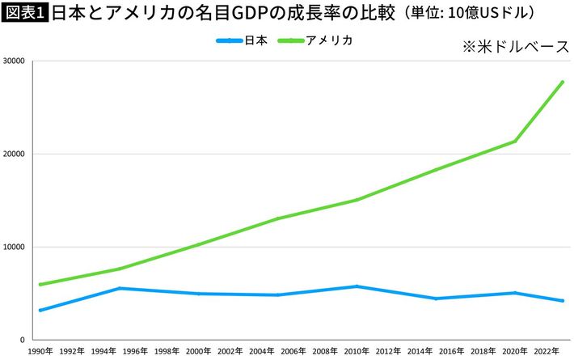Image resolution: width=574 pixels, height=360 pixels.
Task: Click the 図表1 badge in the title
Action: (24, 14)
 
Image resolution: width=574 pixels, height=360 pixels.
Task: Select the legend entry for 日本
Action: (243, 40)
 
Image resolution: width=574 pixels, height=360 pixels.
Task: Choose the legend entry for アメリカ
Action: (315, 40)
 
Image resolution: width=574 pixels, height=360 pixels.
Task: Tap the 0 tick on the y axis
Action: (23, 340)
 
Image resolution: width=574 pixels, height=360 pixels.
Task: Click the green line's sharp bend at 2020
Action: (515, 142)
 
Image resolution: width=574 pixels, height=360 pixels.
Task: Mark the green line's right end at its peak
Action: (562, 82)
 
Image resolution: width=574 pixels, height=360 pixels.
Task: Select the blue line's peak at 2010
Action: (358, 286)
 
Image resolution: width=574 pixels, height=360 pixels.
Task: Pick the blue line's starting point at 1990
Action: (40, 310)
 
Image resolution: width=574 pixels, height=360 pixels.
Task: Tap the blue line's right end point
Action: (562, 301)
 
